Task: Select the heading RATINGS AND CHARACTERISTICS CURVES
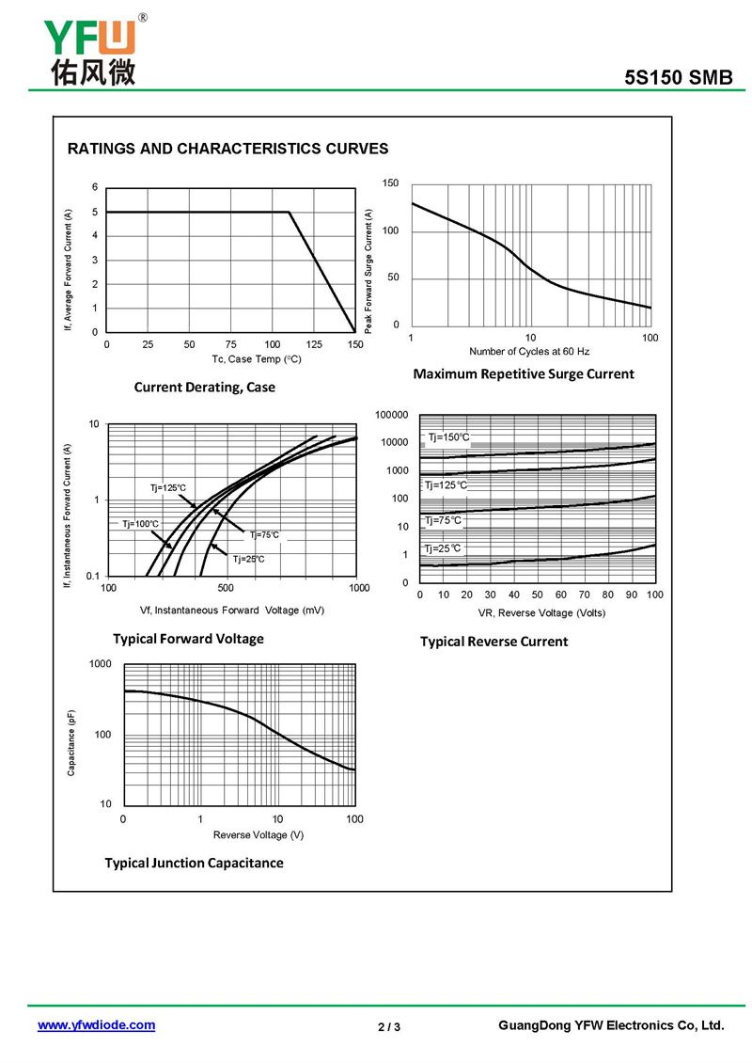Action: pyautogui.click(x=227, y=149)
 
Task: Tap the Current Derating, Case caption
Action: pyautogui.click(x=204, y=388)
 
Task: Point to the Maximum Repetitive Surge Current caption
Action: pyautogui.click(x=524, y=374)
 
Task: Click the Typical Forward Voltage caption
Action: pyautogui.click(x=188, y=639)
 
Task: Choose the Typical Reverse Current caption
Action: pyautogui.click(x=493, y=642)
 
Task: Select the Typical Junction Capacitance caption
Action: pyautogui.click(x=194, y=863)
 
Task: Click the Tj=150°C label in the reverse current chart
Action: pyautogui.click(x=448, y=437)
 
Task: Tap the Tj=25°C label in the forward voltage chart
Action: pyautogui.click(x=248, y=559)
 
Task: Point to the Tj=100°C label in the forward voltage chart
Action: pyautogui.click(x=141, y=524)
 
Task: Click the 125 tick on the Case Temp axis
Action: pyautogui.click(x=314, y=344)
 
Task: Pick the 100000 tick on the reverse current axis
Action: pyautogui.click(x=392, y=415)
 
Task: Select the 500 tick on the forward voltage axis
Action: pyautogui.click(x=226, y=588)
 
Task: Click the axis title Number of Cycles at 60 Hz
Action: pyautogui.click(x=529, y=352)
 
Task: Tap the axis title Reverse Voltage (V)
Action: pyautogui.click(x=258, y=835)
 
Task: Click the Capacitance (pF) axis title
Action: pyautogui.click(x=71, y=743)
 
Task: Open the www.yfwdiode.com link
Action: pyautogui.click(x=96, y=1025)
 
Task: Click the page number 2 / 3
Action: pyautogui.click(x=389, y=1026)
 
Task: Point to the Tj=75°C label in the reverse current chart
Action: pyautogui.click(x=443, y=520)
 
